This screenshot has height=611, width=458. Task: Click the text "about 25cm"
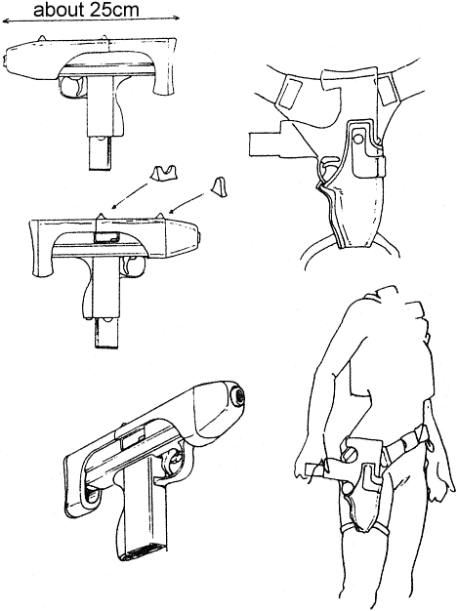pos(86,10)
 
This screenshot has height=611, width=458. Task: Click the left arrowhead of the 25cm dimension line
pos(5,21)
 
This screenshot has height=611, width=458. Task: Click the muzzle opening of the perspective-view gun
pos(238,396)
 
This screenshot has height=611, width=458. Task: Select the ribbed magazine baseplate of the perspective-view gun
pos(143,553)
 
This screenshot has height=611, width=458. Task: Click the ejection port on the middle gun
pos(106,237)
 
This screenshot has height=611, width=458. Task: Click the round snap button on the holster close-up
pos(357,138)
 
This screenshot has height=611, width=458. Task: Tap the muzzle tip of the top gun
pos(6,61)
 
